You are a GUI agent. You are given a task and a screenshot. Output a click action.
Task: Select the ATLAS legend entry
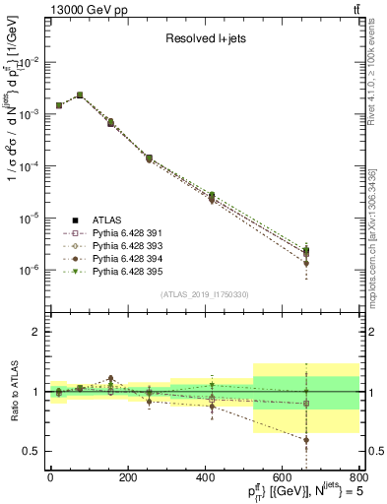108,220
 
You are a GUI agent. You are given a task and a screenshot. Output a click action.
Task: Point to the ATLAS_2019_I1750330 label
205,293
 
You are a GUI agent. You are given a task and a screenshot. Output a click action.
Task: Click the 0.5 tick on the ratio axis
32,452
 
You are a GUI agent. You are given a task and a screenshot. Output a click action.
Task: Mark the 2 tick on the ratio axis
35,333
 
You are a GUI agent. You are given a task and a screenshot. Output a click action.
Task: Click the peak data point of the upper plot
80,95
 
